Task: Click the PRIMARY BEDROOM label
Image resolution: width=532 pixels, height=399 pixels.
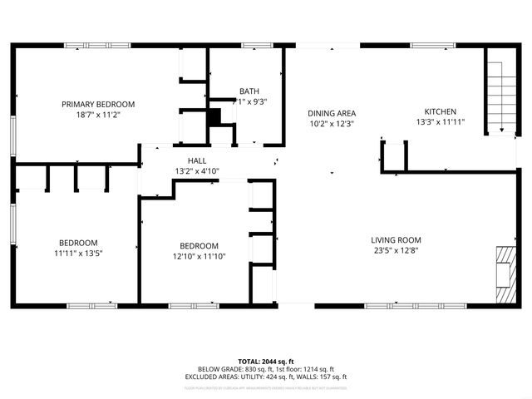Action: click(98, 104)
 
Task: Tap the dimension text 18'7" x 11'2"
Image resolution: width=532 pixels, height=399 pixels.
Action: click(98, 115)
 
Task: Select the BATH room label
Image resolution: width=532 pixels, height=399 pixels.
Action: click(249, 91)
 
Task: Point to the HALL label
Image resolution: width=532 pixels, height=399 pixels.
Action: click(197, 160)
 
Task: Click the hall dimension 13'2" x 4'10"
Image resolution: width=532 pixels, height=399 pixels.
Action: click(197, 171)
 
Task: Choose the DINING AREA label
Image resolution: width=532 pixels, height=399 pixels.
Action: click(332, 112)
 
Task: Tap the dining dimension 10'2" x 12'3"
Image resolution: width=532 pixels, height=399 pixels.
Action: click(332, 123)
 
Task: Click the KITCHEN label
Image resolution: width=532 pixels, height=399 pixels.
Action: click(440, 111)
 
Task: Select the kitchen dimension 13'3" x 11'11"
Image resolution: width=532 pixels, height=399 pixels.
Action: click(440, 122)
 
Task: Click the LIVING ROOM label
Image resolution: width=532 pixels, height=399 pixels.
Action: click(396, 240)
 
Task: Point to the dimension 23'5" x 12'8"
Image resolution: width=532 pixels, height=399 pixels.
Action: click(396, 251)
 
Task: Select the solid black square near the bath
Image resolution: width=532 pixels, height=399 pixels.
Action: click(214, 117)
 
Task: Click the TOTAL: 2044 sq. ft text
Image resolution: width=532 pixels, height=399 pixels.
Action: click(266, 361)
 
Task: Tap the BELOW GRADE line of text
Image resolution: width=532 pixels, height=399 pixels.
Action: click(266, 369)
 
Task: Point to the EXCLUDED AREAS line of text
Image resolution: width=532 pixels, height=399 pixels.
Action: click(266, 377)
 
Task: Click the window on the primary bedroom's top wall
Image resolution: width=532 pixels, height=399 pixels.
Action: click(98, 47)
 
